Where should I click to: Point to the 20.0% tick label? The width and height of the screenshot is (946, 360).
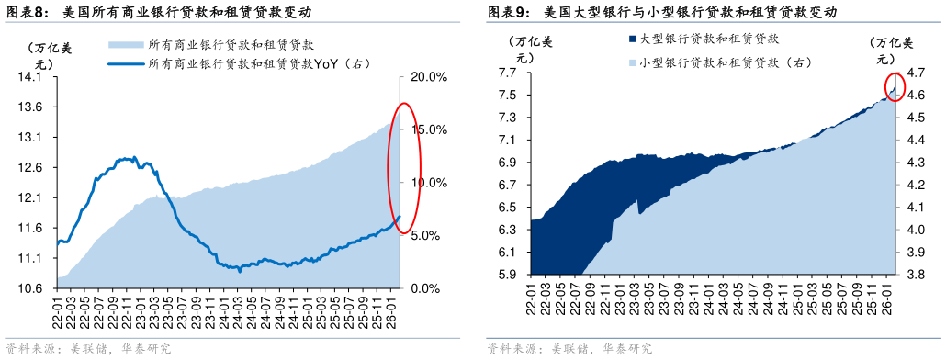(x=428, y=77)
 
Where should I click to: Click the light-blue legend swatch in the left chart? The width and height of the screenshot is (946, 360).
(x=125, y=44)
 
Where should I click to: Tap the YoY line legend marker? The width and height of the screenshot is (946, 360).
(x=125, y=64)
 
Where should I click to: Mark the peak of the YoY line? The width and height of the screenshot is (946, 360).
(x=134, y=158)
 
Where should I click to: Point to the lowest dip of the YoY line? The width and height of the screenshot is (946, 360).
(x=241, y=270)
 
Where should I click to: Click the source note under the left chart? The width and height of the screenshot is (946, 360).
(x=88, y=349)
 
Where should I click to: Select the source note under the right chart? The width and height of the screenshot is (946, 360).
(x=569, y=349)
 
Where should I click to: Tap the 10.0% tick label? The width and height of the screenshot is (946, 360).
(x=428, y=183)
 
